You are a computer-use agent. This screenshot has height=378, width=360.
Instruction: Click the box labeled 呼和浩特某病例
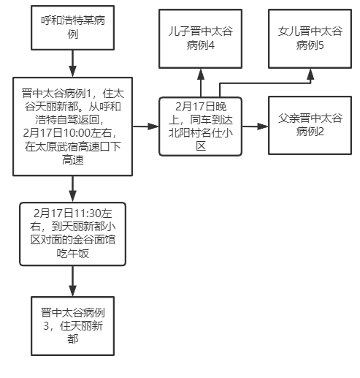pyautogui.click(x=72, y=28)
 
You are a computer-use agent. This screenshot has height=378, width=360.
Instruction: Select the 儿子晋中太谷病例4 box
pyautogui.click(x=200, y=39)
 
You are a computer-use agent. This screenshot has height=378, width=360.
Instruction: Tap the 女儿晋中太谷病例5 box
pyautogui.click(x=310, y=39)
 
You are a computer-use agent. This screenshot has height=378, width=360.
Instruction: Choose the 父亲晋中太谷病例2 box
pyautogui.click(x=310, y=125)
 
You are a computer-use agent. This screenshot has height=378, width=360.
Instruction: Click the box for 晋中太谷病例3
pyautogui.click(x=72, y=326)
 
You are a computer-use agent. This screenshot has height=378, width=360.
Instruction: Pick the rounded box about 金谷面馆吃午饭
pyautogui.click(x=72, y=234)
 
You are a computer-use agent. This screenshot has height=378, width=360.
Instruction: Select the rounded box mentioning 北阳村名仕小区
pyautogui.click(x=200, y=126)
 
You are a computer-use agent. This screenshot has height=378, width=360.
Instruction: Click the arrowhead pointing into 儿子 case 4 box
pyautogui.click(x=201, y=74)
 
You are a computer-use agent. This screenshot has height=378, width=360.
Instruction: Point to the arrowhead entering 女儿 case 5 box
pyautogui.click(x=310, y=74)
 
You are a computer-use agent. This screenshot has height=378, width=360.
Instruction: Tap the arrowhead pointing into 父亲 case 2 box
pyautogui.click(x=263, y=126)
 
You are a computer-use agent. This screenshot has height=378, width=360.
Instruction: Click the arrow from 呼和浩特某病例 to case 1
pyautogui.click(x=72, y=64)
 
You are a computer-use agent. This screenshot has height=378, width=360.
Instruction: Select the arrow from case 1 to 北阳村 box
pyautogui.click(x=145, y=126)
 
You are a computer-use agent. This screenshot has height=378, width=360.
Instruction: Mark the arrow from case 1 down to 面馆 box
pyautogui.click(x=72, y=189)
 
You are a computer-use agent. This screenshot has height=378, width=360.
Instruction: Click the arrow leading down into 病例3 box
pyautogui.click(x=72, y=281)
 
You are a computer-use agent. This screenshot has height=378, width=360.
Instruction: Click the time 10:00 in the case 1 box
pyautogui.click(x=77, y=133)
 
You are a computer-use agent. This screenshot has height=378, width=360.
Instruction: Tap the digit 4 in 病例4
pyautogui.click(x=211, y=45)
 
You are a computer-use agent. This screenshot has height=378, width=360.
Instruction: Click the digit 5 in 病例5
pyautogui.click(x=321, y=45)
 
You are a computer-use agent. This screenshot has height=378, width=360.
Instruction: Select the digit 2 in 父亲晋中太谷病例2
pyautogui.click(x=321, y=132)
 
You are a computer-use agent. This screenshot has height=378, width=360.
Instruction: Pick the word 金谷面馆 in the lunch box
pyautogui.click(x=93, y=240)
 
